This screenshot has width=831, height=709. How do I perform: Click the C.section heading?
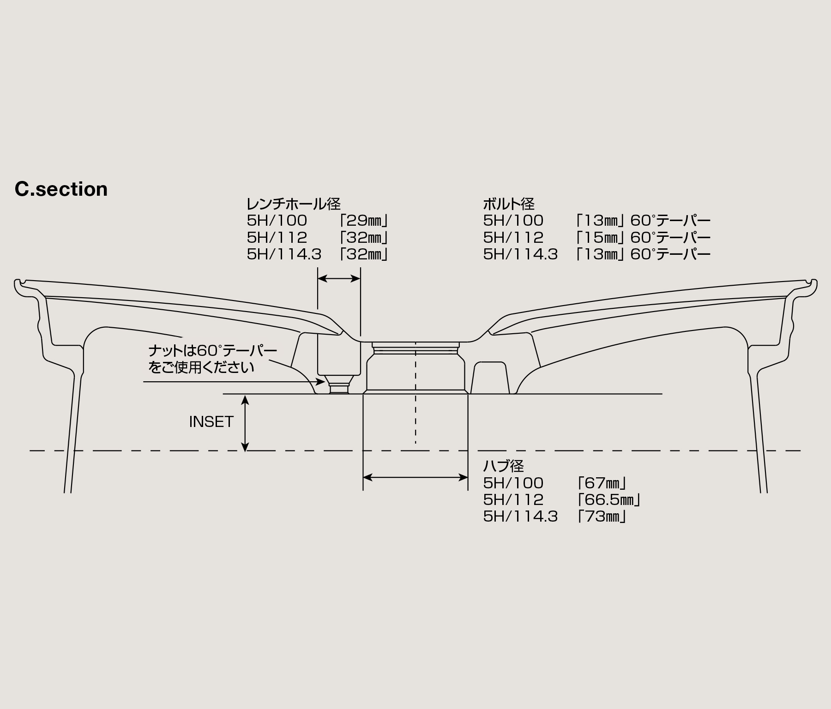pos(61,189)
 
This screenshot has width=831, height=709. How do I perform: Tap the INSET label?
pos(211,421)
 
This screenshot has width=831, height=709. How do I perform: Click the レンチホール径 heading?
pos(294,204)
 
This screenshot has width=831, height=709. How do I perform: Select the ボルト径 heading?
pos(509,204)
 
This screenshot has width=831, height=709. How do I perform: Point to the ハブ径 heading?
pos(504,465)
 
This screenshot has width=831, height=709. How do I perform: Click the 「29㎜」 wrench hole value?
pos(362,221)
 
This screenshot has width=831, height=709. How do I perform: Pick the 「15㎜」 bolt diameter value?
pos(600,238)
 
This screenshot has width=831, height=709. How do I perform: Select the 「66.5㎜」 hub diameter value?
pos(608,499)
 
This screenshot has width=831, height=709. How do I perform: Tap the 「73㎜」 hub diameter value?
pos(601,516)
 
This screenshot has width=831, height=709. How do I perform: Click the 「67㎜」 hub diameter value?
pos(601,483)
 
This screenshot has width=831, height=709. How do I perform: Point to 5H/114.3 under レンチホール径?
pos(284,254)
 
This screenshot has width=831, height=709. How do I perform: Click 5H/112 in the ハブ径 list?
pos(513,499)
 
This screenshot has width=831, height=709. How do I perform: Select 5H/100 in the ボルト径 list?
pos(513,221)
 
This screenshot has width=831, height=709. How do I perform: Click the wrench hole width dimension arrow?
pos(339,278)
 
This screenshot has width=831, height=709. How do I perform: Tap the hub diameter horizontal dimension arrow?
pos(415,477)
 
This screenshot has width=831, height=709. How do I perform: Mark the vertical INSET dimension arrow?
pos(246,422)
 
